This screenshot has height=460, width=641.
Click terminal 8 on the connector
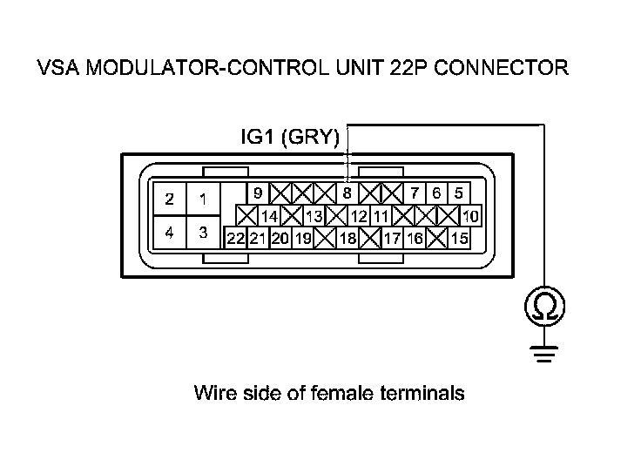[347, 193]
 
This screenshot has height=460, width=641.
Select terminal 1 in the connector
[202, 200]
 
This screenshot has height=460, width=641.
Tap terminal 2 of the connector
[170, 200]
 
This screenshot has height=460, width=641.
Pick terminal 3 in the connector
[202, 233]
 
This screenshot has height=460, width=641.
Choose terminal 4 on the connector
[170, 233]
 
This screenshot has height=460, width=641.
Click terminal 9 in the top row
[258, 193]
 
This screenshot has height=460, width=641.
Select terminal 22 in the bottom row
[235, 237]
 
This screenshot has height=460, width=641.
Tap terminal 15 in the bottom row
[459, 237]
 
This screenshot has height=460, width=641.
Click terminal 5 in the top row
[458, 193]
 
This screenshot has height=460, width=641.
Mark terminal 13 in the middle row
[314, 215]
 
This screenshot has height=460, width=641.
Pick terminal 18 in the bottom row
[347, 237]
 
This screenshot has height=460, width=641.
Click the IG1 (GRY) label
[290, 137]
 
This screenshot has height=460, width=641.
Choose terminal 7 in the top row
[415, 193]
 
